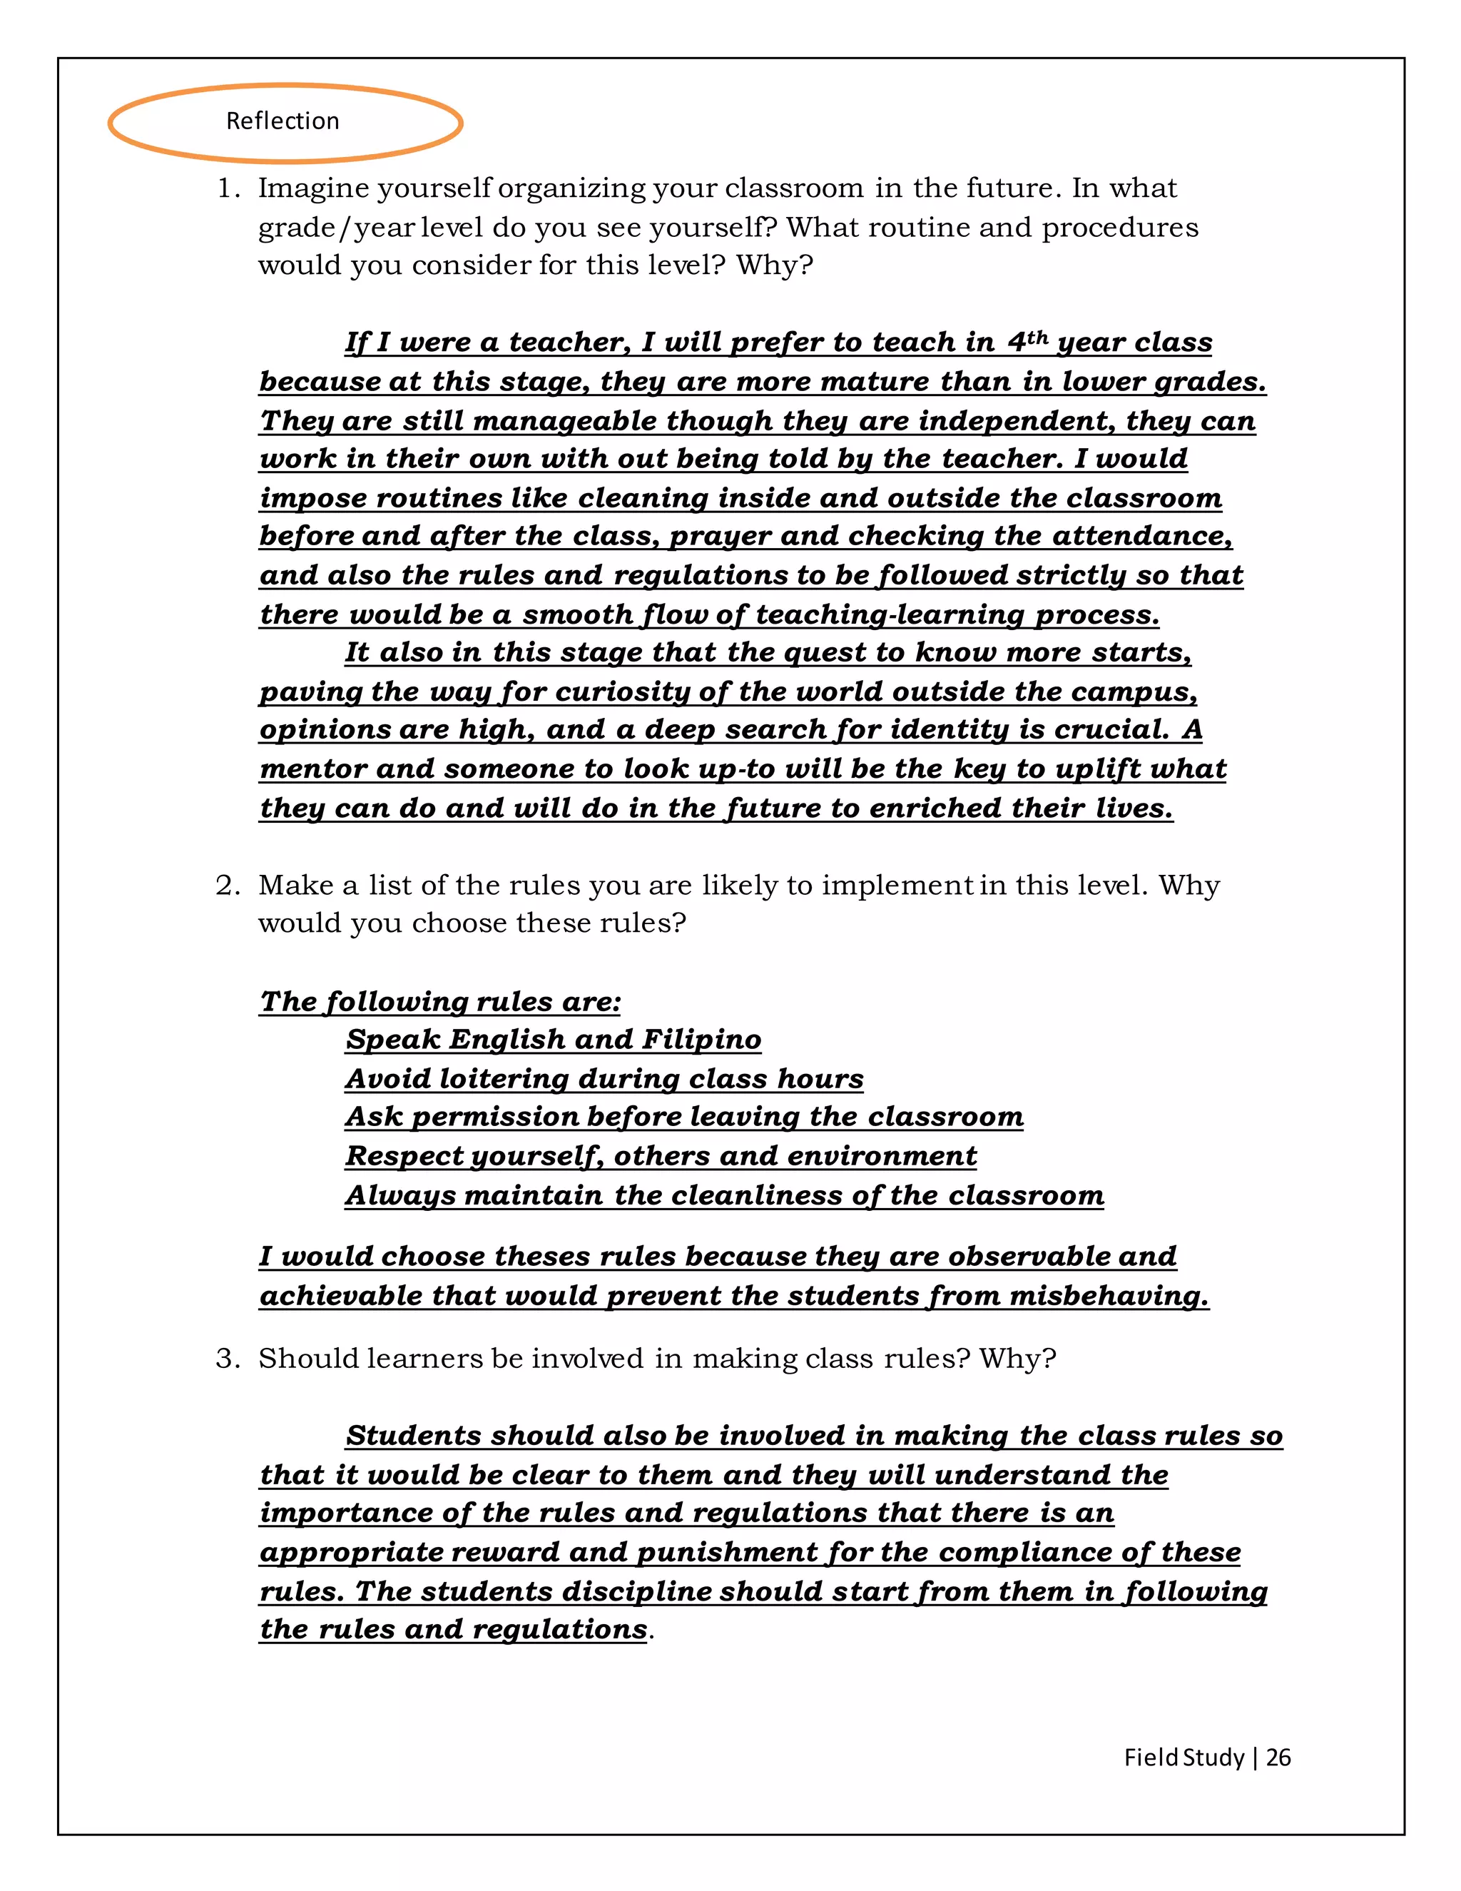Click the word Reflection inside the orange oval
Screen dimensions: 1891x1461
click(282, 121)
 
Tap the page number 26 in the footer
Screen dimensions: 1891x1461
click(1278, 1757)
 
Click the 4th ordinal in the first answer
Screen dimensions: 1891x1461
click(1027, 341)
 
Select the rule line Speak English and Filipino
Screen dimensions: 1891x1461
click(553, 1039)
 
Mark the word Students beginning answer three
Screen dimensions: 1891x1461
click(413, 1436)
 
